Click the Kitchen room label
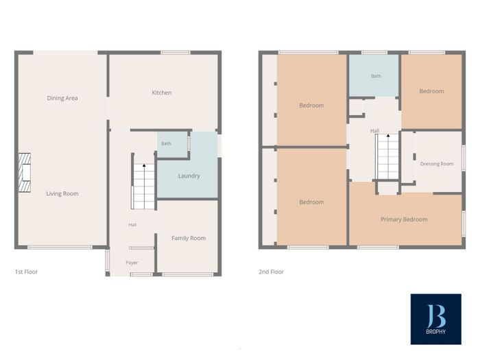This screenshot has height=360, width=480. pos(162,93)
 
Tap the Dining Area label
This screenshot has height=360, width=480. pos(62,98)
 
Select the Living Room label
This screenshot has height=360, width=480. pos(62,193)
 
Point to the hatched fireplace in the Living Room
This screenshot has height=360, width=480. pos(25,173)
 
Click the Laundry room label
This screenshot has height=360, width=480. pos(189,176)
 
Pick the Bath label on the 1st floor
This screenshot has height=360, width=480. pos(166,143)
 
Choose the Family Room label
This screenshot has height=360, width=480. pos(189,238)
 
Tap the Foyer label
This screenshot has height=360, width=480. pos(132,263)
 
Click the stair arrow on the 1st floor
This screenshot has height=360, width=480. pos(144,165)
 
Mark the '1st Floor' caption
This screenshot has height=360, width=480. pos(26,272)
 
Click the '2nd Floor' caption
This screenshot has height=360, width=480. pos(272,272)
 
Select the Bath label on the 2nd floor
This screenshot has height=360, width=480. pos(376,76)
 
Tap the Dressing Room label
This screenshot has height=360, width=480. pos(437,164)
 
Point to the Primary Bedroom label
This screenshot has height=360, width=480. pos(404,219)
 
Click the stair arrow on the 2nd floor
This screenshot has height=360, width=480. pos(388,135)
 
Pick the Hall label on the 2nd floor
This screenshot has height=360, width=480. pos(374,131)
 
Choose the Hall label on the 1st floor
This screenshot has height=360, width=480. pos(132,225)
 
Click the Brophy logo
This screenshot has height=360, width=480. pos(436,320)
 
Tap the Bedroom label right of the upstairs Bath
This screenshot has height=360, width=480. pos(431,91)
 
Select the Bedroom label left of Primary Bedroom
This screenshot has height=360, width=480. pos(311,202)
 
